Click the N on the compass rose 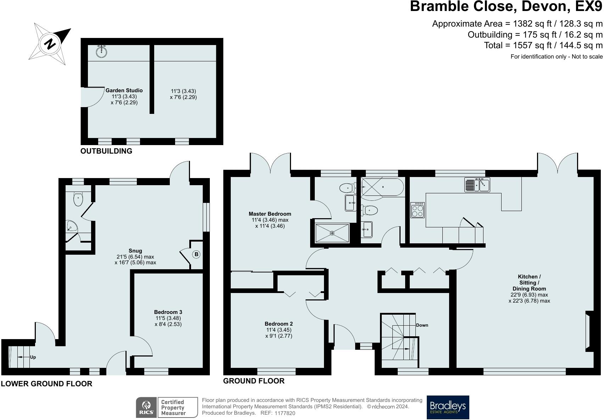pyautogui.click(x=50, y=44)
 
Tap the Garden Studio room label pyautogui.click(x=124, y=90)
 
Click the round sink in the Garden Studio pyautogui.click(x=102, y=51)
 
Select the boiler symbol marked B pyautogui.click(x=196, y=254)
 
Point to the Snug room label pyautogui.click(x=135, y=251)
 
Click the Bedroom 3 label pyautogui.click(x=168, y=312)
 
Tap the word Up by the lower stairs pyautogui.click(x=33, y=357)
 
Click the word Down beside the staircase pyautogui.click(x=422, y=325)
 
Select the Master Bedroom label pyautogui.click(x=270, y=214)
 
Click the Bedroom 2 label pyautogui.click(x=279, y=324)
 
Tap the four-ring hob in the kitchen pyautogui.click(x=418, y=210)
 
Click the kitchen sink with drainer pyautogui.click(x=477, y=184)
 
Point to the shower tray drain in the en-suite pyautogui.click(x=332, y=233)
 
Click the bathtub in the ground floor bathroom pyautogui.click(x=382, y=187)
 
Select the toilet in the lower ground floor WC pyautogui.click(x=78, y=198)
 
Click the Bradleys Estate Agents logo pyautogui.click(x=448, y=407)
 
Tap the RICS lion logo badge pyautogui.click(x=146, y=408)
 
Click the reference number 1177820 pyautogui.click(x=285, y=413)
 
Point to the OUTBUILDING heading pyautogui.click(x=106, y=151)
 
